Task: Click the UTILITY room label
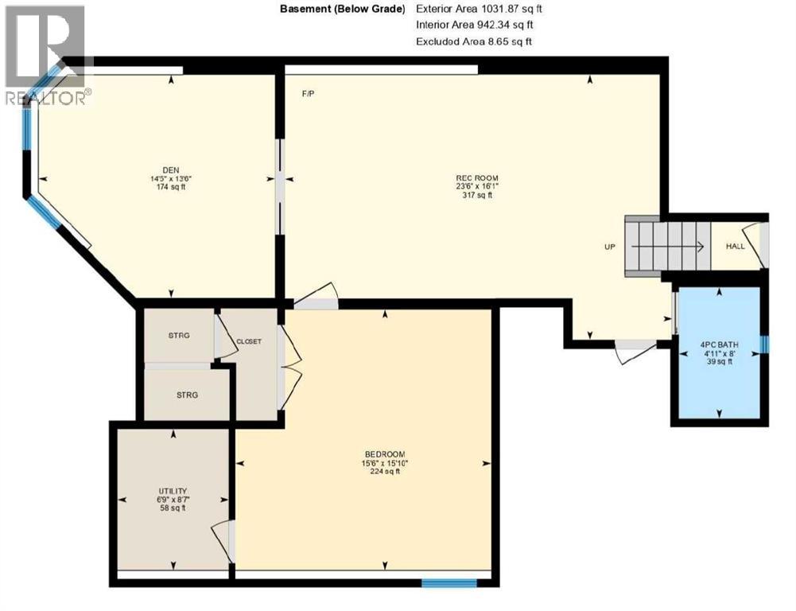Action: point(173,491)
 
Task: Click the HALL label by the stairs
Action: point(735,246)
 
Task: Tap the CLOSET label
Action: point(248,341)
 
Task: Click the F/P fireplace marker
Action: point(308,94)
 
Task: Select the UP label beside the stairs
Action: point(610,247)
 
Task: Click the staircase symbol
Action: point(665,246)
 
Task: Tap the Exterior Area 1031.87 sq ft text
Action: point(474,9)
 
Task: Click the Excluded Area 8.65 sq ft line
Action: point(476,41)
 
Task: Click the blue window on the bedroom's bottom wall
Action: point(449,583)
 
